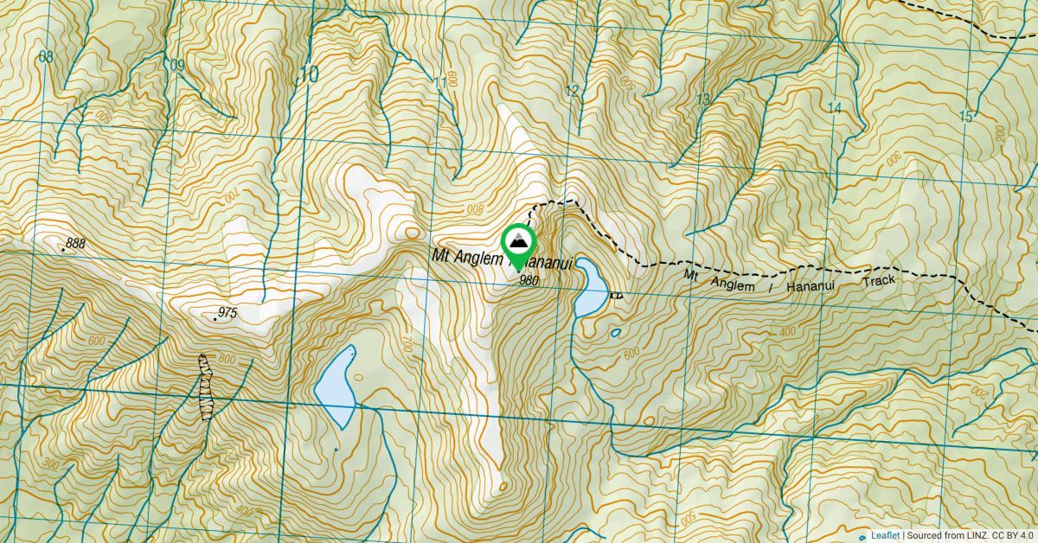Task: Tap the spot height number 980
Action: click(529, 280)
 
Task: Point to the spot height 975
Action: click(227, 312)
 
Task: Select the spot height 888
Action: click(75, 244)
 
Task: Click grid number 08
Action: click(47, 57)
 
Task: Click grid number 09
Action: click(177, 66)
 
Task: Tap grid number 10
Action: click(307, 74)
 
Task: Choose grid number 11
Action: click(441, 83)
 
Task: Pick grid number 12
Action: click(572, 91)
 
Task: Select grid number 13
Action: click(702, 99)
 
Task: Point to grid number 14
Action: click(834, 108)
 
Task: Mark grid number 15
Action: click(966, 117)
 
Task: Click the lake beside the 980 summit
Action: click(591, 286)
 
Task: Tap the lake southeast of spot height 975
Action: click(336, 386)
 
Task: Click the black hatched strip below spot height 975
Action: click(205, 386)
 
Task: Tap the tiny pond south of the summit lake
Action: click(615, 333)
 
